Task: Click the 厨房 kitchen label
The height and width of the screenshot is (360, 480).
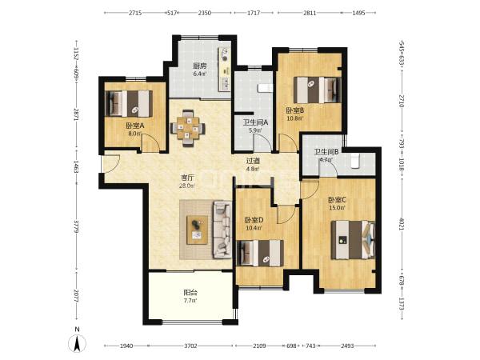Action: [x=199, y=66]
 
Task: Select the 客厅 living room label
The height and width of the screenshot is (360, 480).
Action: [x=188, y=178]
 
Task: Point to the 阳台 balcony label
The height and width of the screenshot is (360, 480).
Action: [x=190, y=292]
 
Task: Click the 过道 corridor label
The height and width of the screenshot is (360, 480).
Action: [x=253, y=161]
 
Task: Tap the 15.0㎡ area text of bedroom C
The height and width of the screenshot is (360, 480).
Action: [x=337, y=208]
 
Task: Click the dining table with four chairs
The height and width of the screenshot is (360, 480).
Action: [x=188, y=128]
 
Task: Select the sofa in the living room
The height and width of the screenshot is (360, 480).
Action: [x=222, y=229]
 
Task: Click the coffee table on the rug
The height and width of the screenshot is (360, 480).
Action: [x=197, y=230]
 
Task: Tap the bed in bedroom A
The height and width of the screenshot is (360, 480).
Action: [x=129, y=103]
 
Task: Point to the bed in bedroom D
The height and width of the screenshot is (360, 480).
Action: [x=261, y=253]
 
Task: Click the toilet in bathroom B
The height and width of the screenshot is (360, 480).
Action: [x=354, y=162]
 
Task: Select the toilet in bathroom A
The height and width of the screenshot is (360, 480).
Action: [x=265, y=88]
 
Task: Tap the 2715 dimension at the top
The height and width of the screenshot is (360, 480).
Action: [x=135, y=13]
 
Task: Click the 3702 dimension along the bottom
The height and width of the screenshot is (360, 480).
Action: [x=190, y=346]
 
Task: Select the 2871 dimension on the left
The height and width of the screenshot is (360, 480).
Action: [x=77, y=114]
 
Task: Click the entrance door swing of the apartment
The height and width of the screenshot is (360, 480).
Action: [x=110, y=164]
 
